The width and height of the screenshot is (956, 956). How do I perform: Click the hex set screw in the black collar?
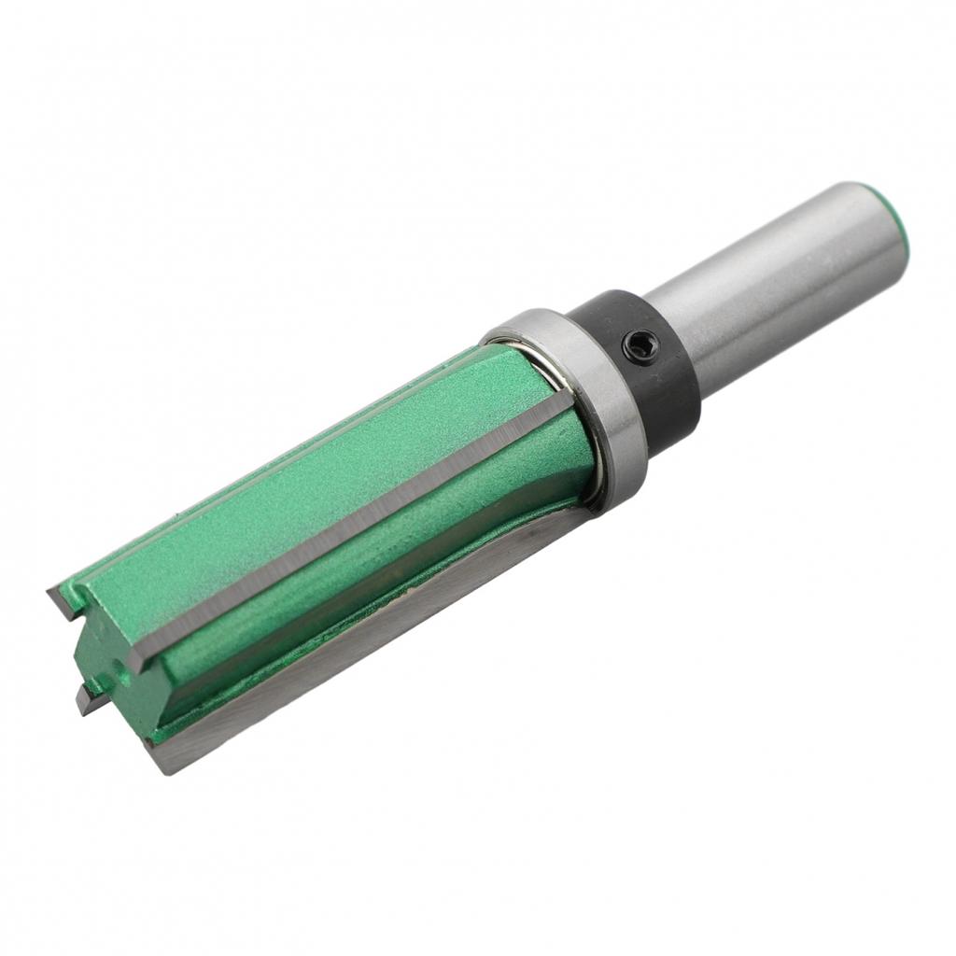point(640,346)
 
